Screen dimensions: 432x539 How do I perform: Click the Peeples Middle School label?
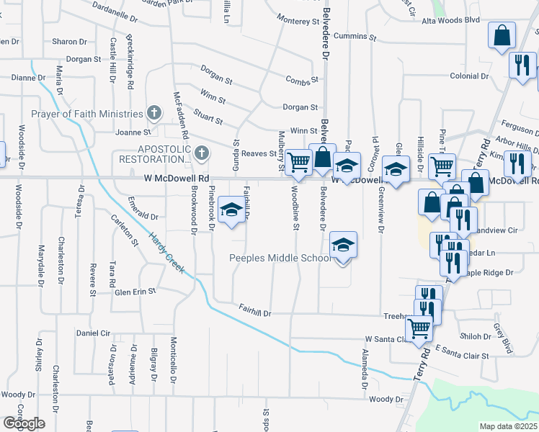coord(280,258)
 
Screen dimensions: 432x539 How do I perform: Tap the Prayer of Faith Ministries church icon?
coord(153,113)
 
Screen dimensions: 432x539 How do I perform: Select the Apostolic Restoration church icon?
coord(201,153)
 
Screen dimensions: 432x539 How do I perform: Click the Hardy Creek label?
coord(166,253)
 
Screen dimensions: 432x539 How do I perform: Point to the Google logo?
coord(24,423)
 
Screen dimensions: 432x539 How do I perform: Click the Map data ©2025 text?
coord(508,426)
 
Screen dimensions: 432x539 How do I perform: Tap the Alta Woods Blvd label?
coord(450,20)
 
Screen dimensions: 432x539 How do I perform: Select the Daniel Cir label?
coord(94,333)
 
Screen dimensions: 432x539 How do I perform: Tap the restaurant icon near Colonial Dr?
coord(520,65)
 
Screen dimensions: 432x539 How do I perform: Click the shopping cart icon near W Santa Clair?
coord(419,329)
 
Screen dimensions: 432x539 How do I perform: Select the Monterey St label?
coord(297,20)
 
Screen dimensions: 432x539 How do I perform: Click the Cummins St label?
coord(356,35)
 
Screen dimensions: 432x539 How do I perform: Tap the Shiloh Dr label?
coord(476,336)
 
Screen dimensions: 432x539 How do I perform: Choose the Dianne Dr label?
coord(29,77)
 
